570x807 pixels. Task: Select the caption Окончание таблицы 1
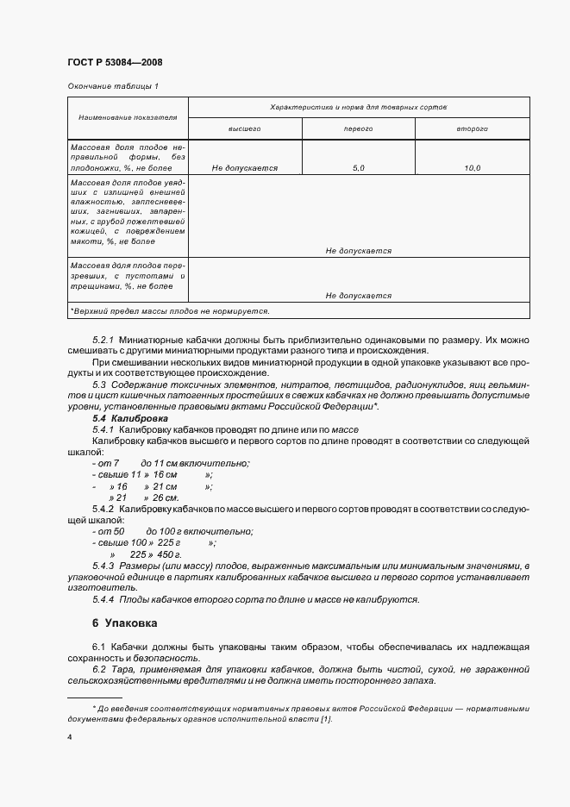tap(112, 86)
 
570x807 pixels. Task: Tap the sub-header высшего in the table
tap(245, 128)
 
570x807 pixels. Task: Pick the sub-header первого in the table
tap(358, 128)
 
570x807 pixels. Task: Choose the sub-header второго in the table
tap(472, 128)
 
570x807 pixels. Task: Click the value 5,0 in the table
tap(359, 168)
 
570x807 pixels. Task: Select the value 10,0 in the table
tap(472, 168)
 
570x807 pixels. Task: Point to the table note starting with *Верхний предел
tap(170, 310)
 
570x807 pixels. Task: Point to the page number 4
tap(69, 737)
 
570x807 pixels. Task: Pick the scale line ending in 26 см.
tap(143, 497)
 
